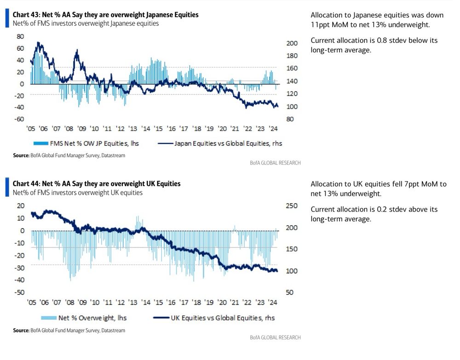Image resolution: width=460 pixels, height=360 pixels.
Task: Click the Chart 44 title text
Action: coord(97,184)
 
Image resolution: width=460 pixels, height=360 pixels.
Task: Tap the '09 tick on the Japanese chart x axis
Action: coord(82,129)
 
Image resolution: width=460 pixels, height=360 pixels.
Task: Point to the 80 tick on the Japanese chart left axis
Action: coord(20,36)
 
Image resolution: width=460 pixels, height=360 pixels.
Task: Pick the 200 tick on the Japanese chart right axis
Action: coord(293,43)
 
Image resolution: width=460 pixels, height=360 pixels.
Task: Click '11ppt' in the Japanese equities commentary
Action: coord(321,25)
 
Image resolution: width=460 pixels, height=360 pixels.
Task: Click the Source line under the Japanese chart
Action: coord(69,156)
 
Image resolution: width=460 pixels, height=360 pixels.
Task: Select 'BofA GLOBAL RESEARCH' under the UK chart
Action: coord(275,337)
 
